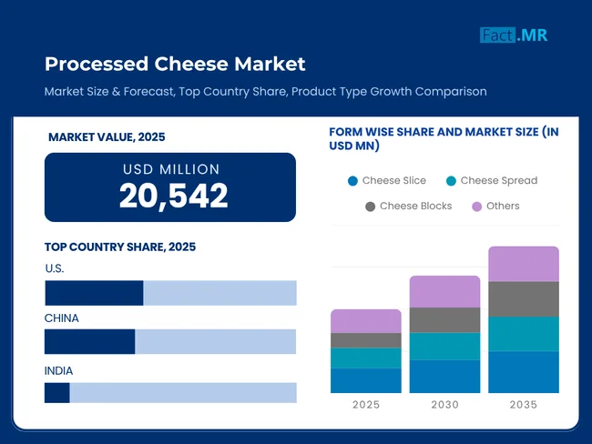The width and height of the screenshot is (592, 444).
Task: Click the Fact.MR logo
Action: [x=514, y=35]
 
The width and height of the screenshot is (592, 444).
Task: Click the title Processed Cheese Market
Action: [x=175, y=64]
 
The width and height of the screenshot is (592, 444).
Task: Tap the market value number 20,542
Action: [x=173, y=195]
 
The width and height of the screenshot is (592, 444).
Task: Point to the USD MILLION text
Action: [x=171, y=169]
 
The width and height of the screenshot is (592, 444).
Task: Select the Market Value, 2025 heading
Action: [x=107, y=137]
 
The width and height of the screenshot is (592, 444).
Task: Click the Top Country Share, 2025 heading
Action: [x=120, y=247]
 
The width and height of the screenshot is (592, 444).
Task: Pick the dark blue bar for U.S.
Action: [x=94, y=293]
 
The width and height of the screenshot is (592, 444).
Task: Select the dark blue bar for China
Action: [x=89, y=341]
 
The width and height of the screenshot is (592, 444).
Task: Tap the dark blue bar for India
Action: [x=57, y=392]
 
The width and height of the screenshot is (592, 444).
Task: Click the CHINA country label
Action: [x=62, y=318]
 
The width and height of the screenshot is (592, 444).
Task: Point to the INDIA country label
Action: [x=59, y=370]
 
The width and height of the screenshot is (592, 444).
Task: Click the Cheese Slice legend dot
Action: [x=352, y=181]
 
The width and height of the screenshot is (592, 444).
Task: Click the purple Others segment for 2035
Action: [x=524, y=264]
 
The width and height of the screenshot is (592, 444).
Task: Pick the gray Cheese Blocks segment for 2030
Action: [x=444, y=320]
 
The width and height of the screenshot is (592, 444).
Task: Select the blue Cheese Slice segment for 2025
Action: [x=365, y=380]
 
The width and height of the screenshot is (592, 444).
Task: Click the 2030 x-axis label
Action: [x=444, y=405]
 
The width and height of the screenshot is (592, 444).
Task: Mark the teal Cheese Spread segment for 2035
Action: [x=524, y=334]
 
